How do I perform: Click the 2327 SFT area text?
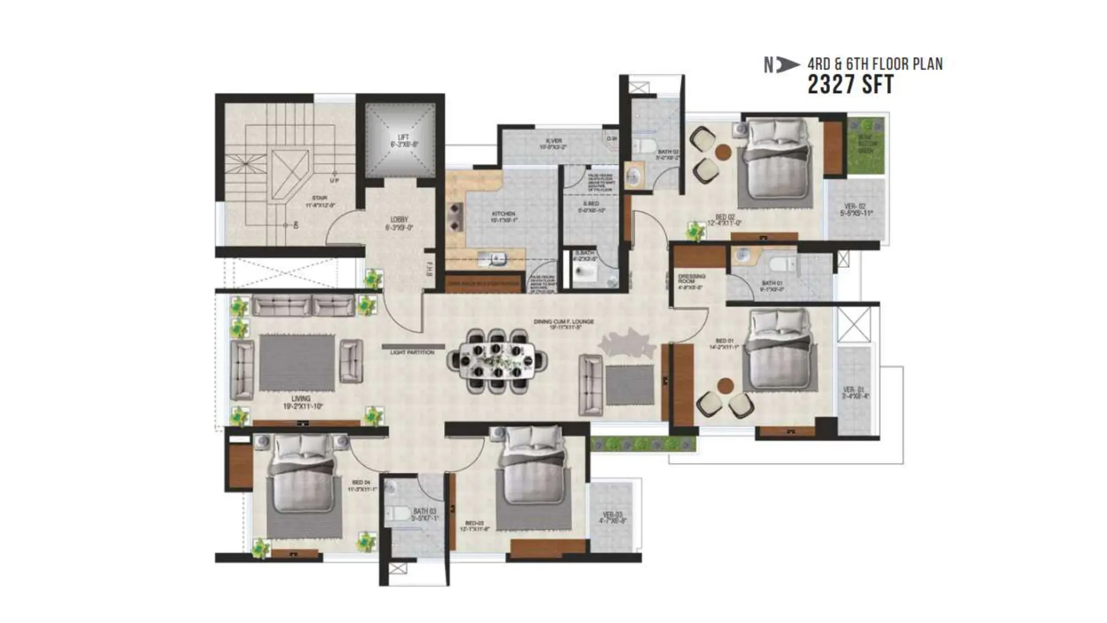tap(850, 85)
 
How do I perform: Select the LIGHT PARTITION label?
tap(412, 353)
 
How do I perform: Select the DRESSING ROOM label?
tap(691, 279)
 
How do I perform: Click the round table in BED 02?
tap(723, 152)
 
